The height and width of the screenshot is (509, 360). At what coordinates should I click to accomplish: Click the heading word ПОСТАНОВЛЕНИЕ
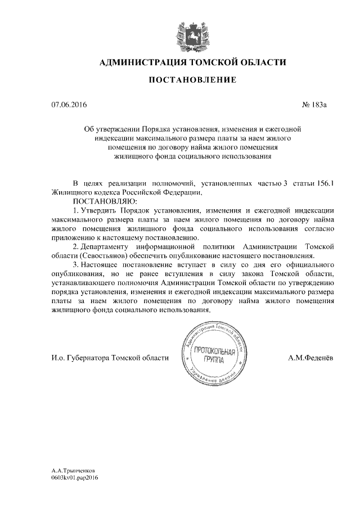click(192, 80)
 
